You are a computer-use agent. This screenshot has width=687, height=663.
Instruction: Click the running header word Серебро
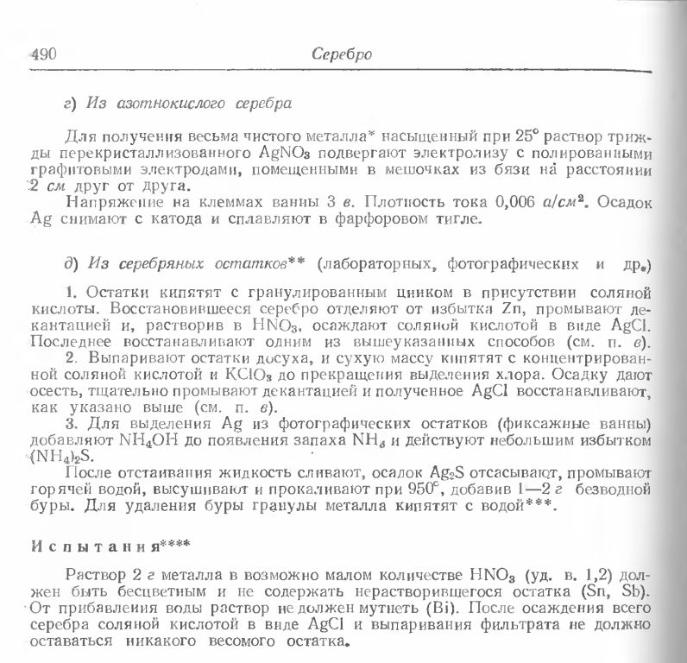coord(341,55)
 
